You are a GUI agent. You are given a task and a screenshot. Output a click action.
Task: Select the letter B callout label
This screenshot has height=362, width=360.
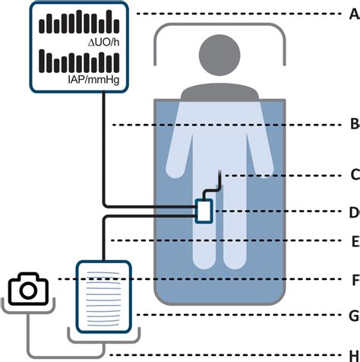355,125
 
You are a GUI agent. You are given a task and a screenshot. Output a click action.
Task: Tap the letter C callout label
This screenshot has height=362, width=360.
355,175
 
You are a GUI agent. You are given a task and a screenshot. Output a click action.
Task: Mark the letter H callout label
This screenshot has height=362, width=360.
355,355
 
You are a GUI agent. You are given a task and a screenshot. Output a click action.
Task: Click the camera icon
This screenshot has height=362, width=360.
28,289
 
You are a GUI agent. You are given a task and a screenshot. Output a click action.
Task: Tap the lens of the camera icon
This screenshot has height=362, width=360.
28,291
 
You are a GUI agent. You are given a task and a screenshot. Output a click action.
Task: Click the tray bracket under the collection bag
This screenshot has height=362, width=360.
104,337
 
